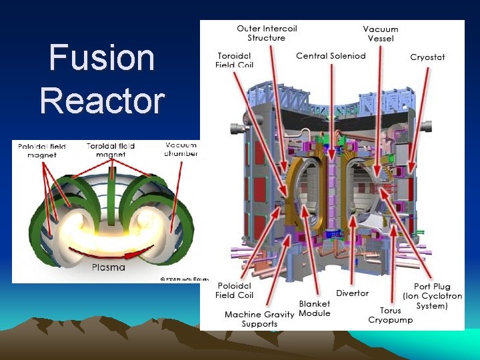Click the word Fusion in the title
tap(102, 59)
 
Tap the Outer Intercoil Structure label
tap(267, 33)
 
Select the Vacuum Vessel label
tap(381, 33)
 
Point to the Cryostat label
tap(427, 57)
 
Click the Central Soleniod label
tap(331, 55)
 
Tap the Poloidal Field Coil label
tap(235, 290)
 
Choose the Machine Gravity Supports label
tap(260, 319)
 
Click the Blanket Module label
tap(315, 308)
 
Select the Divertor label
tap(352, 293)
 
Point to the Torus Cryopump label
tap(391, 315)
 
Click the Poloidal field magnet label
tap(41, 151)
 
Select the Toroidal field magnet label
tap(111, 150)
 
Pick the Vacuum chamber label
tap(181, 149)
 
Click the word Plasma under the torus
tap(108, 267)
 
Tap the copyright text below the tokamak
tap(179, 279)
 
